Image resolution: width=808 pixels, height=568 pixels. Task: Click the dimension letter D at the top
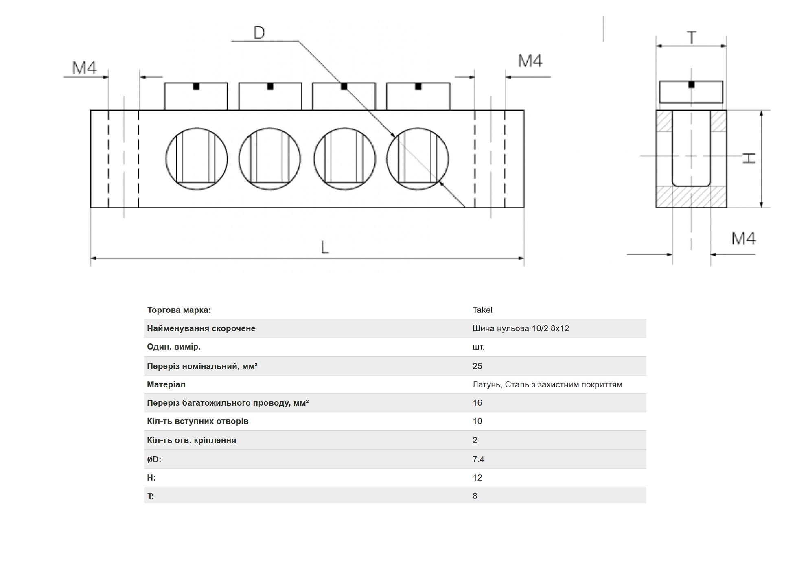259,33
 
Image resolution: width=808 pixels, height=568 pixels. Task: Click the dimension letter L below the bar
324,247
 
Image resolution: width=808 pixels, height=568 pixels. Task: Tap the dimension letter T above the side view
691,37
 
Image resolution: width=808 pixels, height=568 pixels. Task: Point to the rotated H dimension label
749,158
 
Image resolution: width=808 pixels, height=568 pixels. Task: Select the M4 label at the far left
85,68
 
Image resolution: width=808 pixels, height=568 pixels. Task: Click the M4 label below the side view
743,238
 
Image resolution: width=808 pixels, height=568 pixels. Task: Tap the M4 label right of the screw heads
530,61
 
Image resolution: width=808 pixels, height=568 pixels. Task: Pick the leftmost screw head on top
196,96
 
